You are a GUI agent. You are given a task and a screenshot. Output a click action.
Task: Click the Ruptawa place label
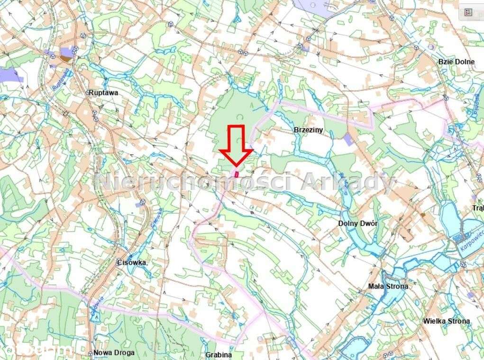click(x=103, y=93)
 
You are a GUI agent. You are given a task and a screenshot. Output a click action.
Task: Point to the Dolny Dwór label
click(x=358, y=223)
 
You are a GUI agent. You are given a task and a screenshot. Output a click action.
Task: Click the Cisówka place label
click(x=131, y=262)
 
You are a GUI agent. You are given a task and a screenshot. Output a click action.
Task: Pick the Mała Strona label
click(x=388, y=286)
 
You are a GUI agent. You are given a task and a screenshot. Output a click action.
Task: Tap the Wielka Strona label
click(x=447, y=321)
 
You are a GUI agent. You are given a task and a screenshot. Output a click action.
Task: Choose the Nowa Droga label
click(x=114, y=352)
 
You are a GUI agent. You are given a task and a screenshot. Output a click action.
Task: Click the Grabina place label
click(x=219, y=354)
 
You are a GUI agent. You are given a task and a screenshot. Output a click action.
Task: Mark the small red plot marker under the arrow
click(x=237, y=173)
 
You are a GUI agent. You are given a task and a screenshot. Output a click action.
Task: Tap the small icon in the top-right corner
click(x=468, y=12)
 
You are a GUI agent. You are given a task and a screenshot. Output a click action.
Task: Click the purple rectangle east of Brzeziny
click(x=348, y=139)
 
